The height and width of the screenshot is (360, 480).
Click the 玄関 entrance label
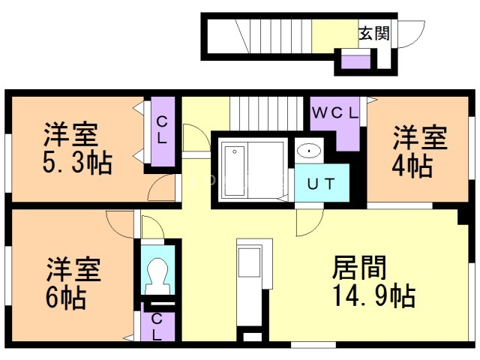click(x=373, y=33)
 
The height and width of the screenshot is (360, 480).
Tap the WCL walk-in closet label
click(x=334, y=113)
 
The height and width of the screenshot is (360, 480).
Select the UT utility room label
click(x=321, y=184)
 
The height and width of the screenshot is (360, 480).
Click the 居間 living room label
click(x=359, y=267)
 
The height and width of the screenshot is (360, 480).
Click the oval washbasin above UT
click(x=309, y=151)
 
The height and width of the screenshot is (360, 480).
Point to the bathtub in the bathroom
click(x=235, y=170)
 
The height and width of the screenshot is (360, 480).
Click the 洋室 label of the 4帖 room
click(x=420, y=137)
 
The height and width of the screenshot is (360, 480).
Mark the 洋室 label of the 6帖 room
click(x=73, y=269)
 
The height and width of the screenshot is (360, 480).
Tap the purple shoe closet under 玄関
click(x=355, y=62)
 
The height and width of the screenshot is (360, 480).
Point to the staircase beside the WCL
click(x=266, y=114)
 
